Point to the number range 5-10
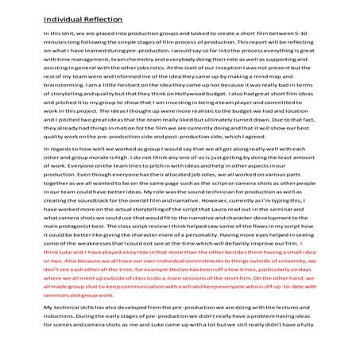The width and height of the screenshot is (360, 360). point(315,37)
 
